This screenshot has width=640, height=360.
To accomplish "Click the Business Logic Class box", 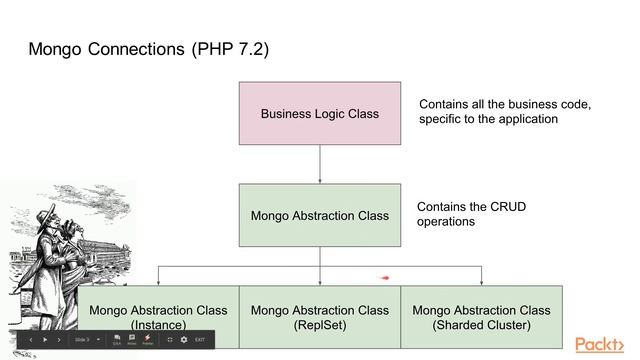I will (x=319, y=113).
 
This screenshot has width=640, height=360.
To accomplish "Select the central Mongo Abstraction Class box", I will (x=319, y=215).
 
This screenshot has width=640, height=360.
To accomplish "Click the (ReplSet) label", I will (x=319, y=325).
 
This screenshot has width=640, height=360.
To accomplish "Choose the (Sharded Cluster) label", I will (x=481, y=325).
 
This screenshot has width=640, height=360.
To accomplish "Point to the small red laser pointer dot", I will (x=385, y=278).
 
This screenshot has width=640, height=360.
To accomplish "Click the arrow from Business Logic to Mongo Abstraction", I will (x=319, y=165).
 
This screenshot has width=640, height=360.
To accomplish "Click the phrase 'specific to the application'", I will (x=488, y=118).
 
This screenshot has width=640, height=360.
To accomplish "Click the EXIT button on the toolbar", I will (x=200, y=340).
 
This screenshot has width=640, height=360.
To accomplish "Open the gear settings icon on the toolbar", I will (x=184, y=340).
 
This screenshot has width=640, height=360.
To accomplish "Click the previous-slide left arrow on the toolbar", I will (x=30, y=340).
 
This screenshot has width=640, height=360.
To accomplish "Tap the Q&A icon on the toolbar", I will (x=117, y=339).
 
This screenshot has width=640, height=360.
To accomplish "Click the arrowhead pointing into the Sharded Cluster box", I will (x=481, y=282).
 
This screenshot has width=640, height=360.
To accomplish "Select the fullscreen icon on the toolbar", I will (x=170, y=340).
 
